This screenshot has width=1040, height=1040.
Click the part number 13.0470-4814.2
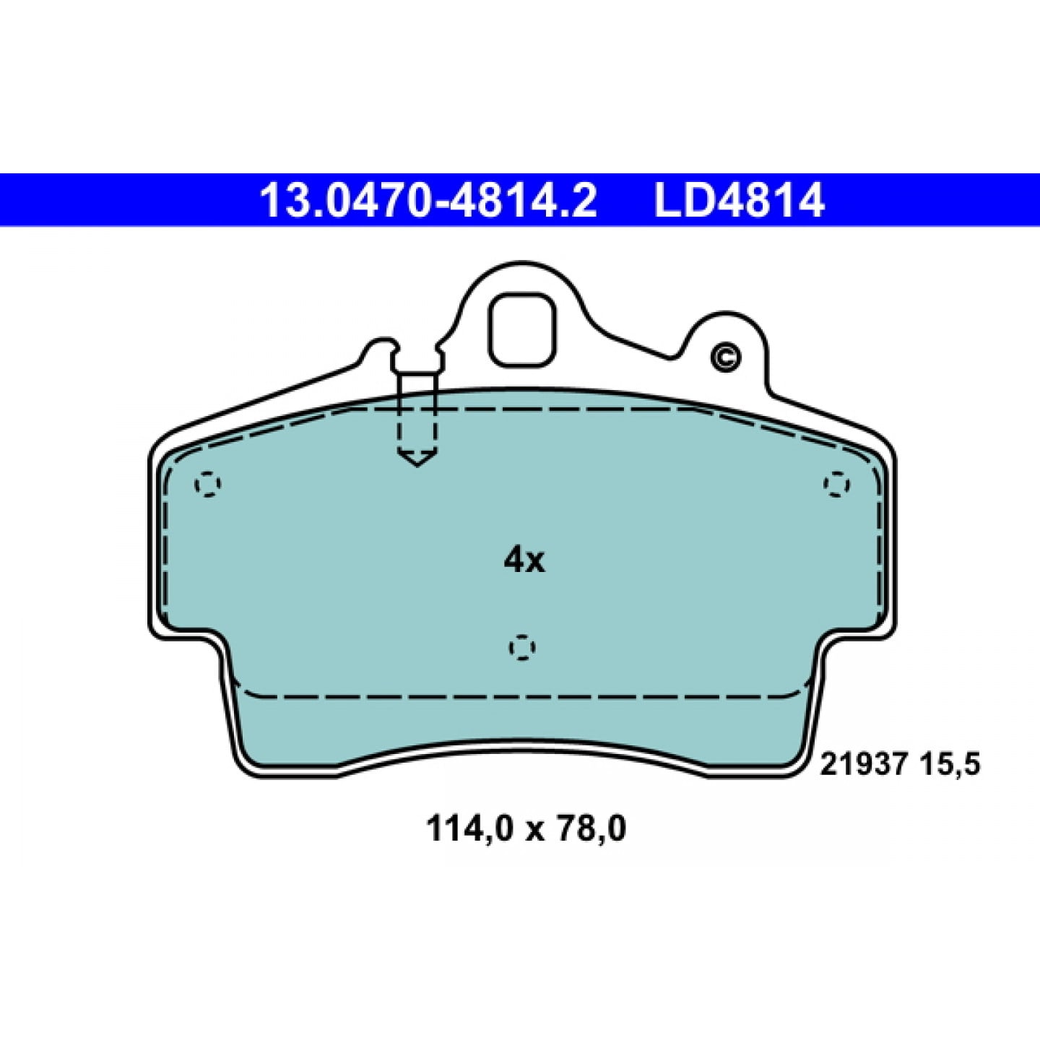(428, 200)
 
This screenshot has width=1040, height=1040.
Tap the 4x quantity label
(524, 560)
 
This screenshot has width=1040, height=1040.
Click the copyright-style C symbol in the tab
(726, 357)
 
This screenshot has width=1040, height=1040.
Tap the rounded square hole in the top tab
(521, 330)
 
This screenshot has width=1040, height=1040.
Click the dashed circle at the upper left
(208, 484)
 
